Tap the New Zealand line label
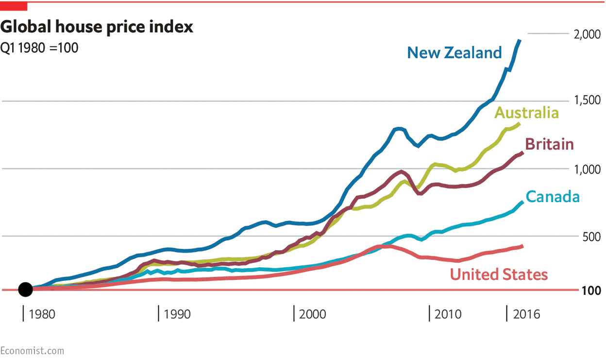pyautogui.click(x=454, y=52)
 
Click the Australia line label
pyautogui.click(x=526, y=113)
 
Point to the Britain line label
pyautogui.click(x=549, y=144)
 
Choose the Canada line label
pyautogui.click(x=553, y=197)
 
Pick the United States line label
pyautogui.click(x=499, y=274)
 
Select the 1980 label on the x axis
pyautogui.click(x=42, y=314)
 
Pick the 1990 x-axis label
pyautogui.click(x=177, y=314)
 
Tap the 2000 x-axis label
pyautogui.click(x=313, y=314)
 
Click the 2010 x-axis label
pyautogui.click(x=448, y=314)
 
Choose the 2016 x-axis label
pyautogui.click(x=526, y=314)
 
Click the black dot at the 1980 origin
pyautogui.click(x=25, y=290)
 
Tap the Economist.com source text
pyautogui.click(x=32, y=351)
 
